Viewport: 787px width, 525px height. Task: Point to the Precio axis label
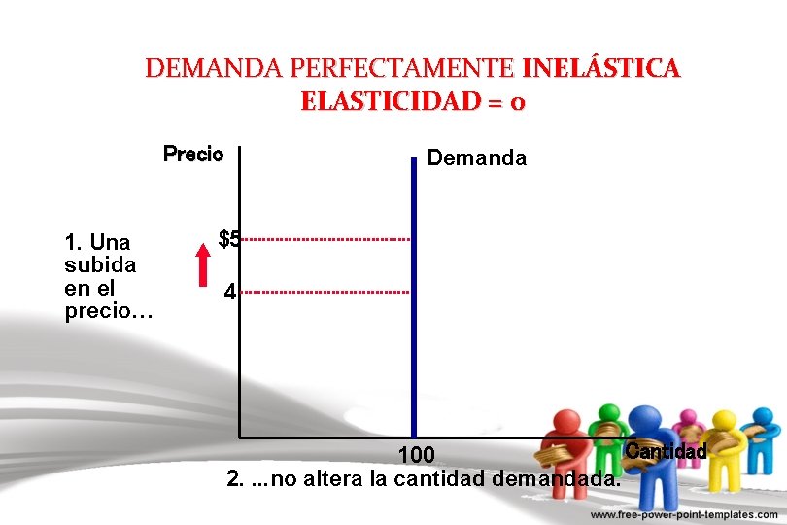click(193, 155)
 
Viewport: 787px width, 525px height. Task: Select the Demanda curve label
click(477, 158)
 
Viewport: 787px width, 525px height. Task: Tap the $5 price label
click(229, 239)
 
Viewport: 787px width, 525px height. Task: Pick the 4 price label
click(228, 291)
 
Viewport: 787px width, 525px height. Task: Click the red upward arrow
click(202, 263)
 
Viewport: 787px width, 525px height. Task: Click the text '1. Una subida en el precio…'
click(100, 276)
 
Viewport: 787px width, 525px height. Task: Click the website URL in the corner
click(685, 514)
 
